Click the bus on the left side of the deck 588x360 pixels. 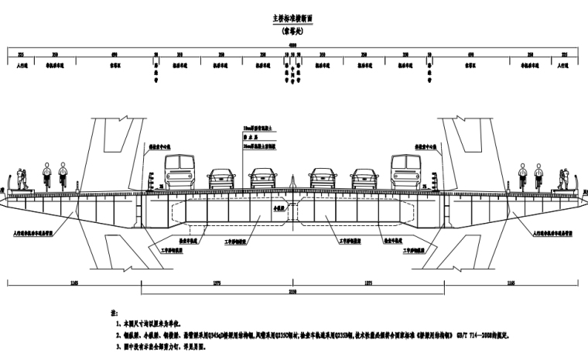point(179,172)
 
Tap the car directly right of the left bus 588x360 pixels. point(221,179)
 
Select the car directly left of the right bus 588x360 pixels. point(364,179)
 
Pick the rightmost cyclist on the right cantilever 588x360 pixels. point(539,178)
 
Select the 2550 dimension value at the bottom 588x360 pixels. point(293,291)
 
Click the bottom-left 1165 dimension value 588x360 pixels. point(73,283)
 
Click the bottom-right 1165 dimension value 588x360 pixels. point(512,283)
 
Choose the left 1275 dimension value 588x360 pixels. point(217,283)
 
